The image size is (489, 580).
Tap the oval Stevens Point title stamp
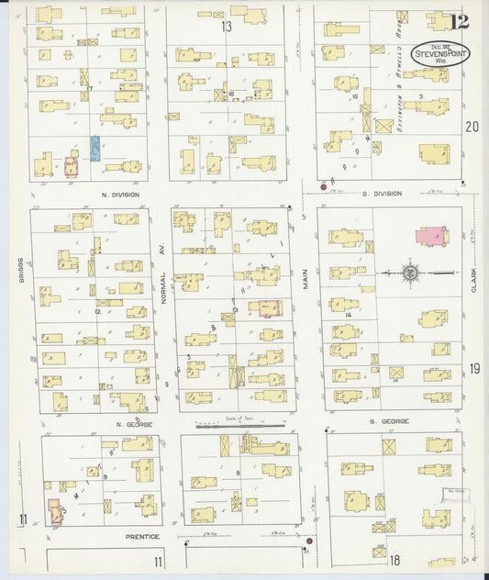pyautogui.click(x=438, y=53)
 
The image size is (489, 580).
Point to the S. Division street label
pyautogui.click(x=382, y=194)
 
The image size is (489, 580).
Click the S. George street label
pyautogui.click(x=390, y=421)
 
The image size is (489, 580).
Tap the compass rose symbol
pyautogui.click(x=411, y=273)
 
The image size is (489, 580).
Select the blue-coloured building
pyautogui.click(x=94, y=149)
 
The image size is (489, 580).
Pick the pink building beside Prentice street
pyautogui.click(x=54, y=511)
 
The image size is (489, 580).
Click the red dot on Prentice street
pyautogui.click(x=309, y=541)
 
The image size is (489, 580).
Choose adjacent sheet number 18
pyautogui.click(x=395, y=560)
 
